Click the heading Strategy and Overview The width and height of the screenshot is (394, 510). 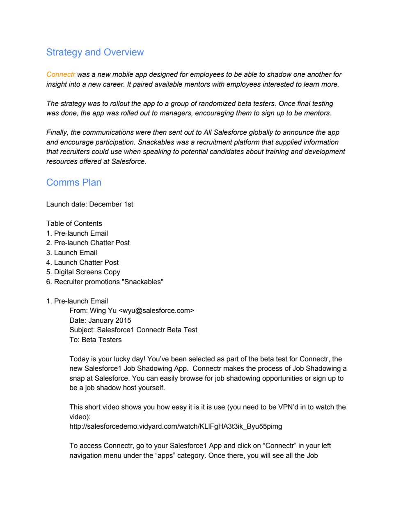(x=95, y=53)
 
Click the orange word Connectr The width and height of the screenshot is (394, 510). (x=61, y=75)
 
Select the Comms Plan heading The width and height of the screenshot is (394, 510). (x=74, y=183)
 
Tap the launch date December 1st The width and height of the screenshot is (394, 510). (x=111, y=204)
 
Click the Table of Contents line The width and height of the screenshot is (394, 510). (x=74, y=224)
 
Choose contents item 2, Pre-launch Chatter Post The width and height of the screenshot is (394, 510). (x=92, y=243)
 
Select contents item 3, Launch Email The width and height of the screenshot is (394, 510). (x=76, y=253)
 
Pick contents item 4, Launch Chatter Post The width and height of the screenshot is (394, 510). (x=86, y=263)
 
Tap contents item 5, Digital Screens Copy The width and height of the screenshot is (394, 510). (x=87, y=272)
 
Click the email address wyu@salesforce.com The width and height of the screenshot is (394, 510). (x=156, y=311)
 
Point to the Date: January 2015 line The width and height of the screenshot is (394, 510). (x=100, y=321)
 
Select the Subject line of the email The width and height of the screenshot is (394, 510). (x=133, y=330)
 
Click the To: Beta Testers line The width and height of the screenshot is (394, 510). (x=96, y=340)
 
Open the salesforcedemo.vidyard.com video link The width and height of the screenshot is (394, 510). (x=176, y=427)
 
